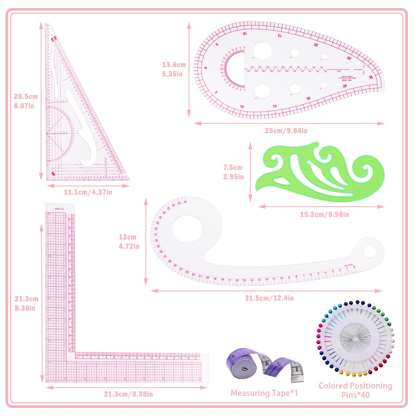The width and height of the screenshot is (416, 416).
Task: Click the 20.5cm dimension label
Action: pyautogui.click(x=25, y=97)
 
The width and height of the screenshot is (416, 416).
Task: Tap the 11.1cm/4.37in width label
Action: pyautogui.click(x=88, y=192)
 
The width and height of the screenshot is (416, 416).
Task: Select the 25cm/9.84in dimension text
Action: pyautogui.click(x=286, y=131)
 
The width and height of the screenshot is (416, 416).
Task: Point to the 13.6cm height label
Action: pyautogui.click(x=174, y=65)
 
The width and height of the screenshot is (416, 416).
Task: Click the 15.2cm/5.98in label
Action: pyautogui.click(x=324, y=214)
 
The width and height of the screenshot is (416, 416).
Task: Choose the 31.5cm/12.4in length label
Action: pyautogui.click(x=269, y=298)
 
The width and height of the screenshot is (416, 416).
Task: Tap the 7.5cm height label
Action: pyautogui.click(x=233, y=168)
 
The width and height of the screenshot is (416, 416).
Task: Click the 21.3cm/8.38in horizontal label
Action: pyautogui.click(x=128, y=394)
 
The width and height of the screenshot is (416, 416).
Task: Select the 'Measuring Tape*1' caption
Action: pyautogui.click(x=264, y=393)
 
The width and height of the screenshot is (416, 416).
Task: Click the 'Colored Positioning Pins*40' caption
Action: pyautogui.click(x=355, y=390)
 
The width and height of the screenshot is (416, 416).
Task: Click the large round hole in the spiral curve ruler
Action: pyautogui.click(x=187, y=229)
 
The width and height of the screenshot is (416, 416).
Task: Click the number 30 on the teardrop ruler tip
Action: pyautogui.click(x=371, y=77)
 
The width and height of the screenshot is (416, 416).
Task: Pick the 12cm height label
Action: pyautogui.click(x=128, y=237)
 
